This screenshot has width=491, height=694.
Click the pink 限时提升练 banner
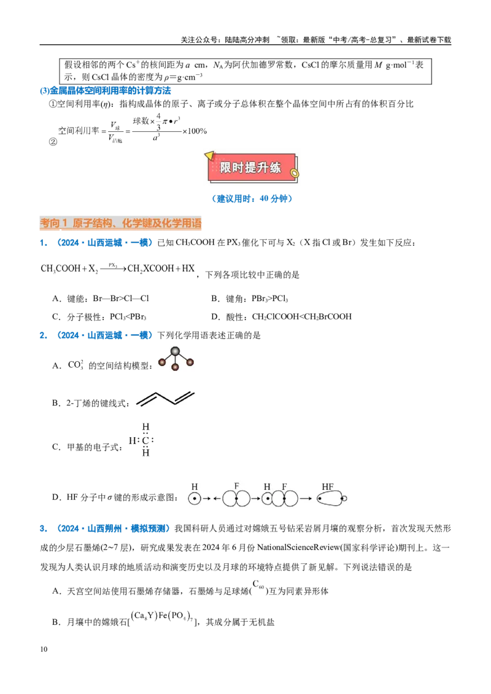pos(251,167)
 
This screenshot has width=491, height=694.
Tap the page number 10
pos(44,649)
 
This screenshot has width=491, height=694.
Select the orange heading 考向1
pos(53,223)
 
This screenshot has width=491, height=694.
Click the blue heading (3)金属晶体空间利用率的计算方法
pos(106,91)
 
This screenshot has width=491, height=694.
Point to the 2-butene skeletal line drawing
pos(165,398)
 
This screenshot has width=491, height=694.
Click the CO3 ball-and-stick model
pos(176,359)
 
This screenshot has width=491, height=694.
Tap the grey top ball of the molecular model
pos(176,351)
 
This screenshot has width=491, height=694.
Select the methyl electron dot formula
pos(142,440)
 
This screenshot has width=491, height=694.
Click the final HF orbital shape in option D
pos(332,498)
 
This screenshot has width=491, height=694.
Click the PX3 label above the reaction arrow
pos(112,265)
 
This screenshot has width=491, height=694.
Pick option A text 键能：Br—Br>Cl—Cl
pos(101,299)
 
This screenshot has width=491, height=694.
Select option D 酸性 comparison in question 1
pos(281,317)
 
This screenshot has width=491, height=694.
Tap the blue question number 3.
pos(44,528)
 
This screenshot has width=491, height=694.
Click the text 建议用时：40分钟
pos(252,199)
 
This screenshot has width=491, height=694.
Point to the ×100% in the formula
pos(195,131)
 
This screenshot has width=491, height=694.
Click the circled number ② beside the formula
pos(53,142)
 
